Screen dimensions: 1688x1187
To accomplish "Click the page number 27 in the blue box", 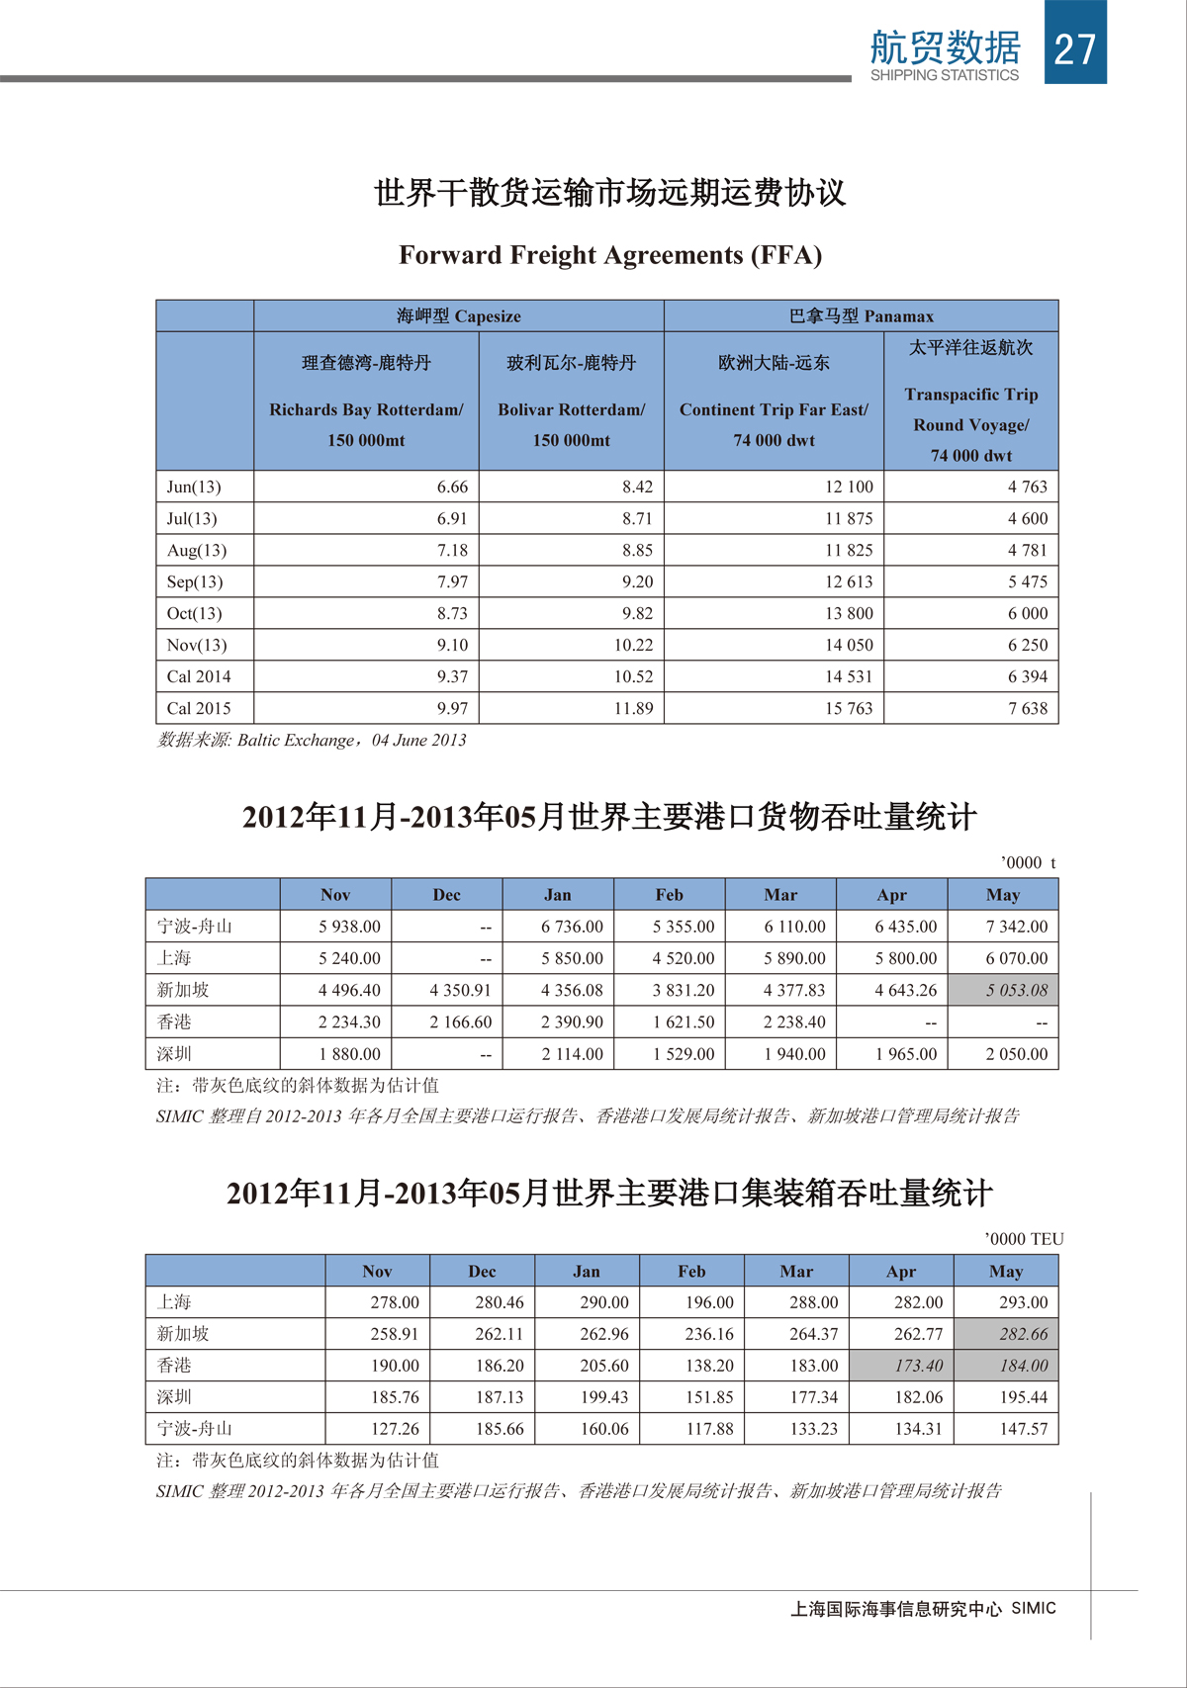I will click(x=1075, y=48).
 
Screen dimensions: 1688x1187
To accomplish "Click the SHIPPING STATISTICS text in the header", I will click(x=944, y=75).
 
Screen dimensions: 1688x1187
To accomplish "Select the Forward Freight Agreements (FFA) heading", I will click(x=610, y=255).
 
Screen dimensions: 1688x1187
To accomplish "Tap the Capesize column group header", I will click(x=459, y=316).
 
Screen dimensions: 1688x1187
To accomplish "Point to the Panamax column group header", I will click(x=862, y=316).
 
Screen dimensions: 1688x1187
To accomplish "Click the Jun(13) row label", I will click(x=194, y=487).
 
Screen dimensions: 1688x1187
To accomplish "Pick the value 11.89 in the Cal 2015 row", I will click(x=633, y=708).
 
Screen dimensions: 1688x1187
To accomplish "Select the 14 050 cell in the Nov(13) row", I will click(x=849, y=645).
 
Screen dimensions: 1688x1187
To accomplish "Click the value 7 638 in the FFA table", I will click(x=1028, y=708).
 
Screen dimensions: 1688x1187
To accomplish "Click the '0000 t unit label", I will click(x=1028, y=862).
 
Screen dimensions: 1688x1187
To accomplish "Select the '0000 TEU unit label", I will click(x=1024, y=1239).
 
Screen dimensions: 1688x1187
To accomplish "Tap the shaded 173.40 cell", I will click(x=918, y=1366).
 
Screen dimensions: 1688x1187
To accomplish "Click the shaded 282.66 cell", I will click(x=1023, y=1334).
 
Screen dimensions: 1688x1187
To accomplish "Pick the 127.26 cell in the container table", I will click(x=395, y=1429).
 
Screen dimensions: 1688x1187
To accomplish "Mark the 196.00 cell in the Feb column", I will click(x=709, y=1302).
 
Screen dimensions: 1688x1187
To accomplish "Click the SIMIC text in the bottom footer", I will click(x=1034, y=1608).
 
